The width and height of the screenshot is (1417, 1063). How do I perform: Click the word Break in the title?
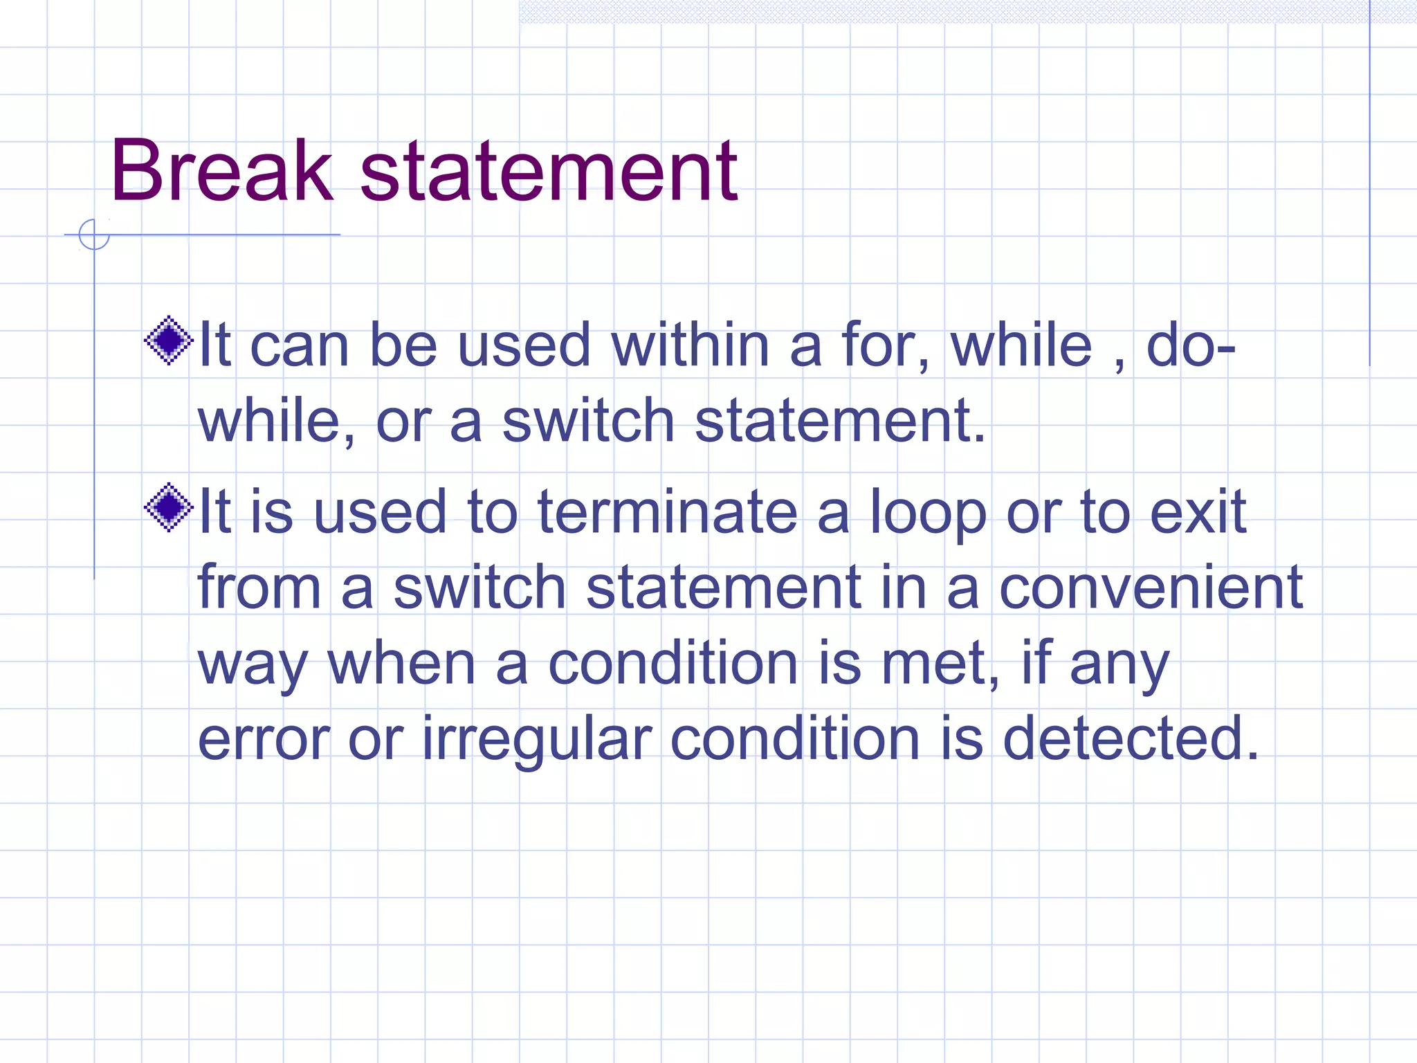(221, 171)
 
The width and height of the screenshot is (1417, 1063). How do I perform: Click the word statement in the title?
(549, 171)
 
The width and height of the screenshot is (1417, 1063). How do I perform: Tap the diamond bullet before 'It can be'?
(168, 340)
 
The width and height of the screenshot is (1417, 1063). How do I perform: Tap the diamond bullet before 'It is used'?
(168, 507)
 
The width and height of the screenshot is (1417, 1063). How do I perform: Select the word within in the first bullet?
(690, 345)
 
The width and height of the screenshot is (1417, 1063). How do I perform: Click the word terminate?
(668, 512)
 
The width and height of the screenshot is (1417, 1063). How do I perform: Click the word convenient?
(1151, 588)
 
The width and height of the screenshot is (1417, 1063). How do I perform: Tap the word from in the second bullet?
(259, 588)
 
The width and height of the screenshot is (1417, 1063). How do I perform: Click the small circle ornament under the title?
(94, 235)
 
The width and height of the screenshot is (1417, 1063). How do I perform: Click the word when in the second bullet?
(402, 664)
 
